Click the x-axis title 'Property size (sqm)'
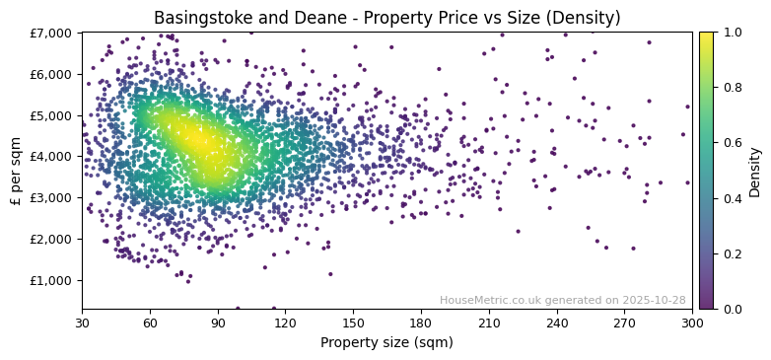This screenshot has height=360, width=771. coord(386,343)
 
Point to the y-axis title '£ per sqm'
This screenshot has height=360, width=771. coord(16,171)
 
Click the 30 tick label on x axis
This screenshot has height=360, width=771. coord(82,323)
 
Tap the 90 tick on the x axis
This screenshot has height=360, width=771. coord(218,323)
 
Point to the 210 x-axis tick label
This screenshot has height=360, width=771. coord(489,323)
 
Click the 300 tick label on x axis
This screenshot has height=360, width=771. coord(692,323)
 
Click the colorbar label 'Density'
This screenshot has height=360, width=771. coord(755,171)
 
